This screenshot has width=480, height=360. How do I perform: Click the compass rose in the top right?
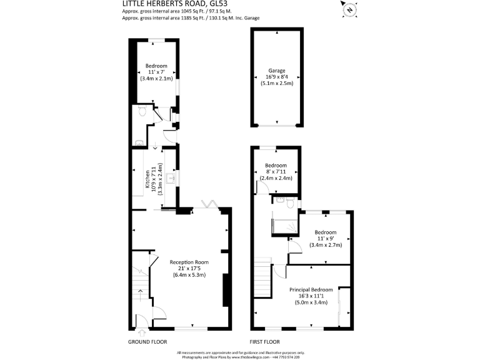(349, 10)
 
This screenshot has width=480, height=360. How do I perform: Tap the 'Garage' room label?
(277, 71)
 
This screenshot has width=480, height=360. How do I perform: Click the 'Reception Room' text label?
(189, 262)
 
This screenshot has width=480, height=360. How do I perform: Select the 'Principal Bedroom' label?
(311, 290)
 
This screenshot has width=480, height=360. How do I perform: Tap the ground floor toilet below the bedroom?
(141, 111)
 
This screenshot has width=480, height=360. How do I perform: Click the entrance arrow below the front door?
(141, 332)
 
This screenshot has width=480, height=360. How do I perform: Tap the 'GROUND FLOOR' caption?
(147, 342)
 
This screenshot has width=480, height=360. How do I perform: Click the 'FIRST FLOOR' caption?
(264, 342)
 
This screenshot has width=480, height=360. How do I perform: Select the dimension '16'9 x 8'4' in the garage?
(277, 77)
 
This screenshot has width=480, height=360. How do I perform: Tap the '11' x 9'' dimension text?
(326, 239)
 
